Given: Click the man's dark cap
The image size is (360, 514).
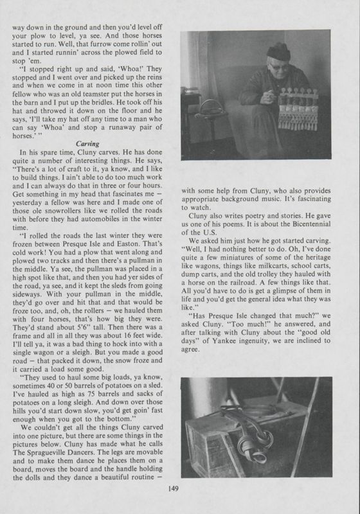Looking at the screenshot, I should [279, 51].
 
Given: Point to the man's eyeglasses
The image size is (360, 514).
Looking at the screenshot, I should [276, 66].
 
